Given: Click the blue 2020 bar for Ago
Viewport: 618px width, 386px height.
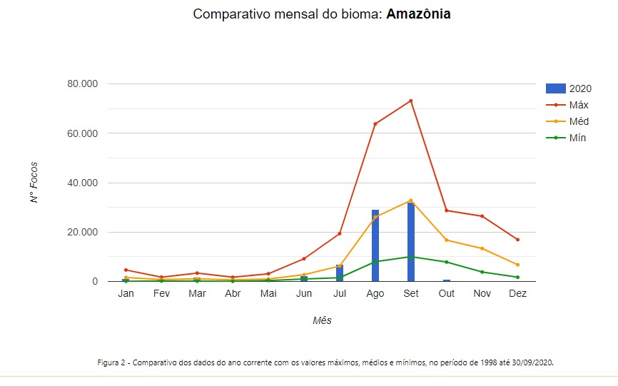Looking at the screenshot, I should [x=375, y=246].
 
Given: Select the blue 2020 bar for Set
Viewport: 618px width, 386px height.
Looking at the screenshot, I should [x=411, y=243].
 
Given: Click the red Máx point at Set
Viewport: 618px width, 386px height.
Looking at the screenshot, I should [x=411, y=101].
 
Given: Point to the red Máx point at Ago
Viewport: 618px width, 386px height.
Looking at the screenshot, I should [x=375, y=124].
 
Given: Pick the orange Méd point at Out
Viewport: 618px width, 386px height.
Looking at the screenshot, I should [x=447, y=240].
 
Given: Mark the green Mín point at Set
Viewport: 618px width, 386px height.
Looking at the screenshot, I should [x=411, y=257].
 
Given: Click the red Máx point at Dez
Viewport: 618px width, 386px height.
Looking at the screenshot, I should [x=517, y=240].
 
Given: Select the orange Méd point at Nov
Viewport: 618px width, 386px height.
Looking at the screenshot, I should [x=482, y=248].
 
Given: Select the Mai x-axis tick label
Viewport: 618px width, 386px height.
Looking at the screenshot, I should [x=268, y=294].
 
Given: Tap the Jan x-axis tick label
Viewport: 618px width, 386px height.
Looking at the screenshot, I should [x=126, y=294].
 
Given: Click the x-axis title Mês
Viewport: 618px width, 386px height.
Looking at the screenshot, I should [x=322, y=320].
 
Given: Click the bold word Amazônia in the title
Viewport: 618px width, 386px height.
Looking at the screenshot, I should [x=418, y=14].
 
